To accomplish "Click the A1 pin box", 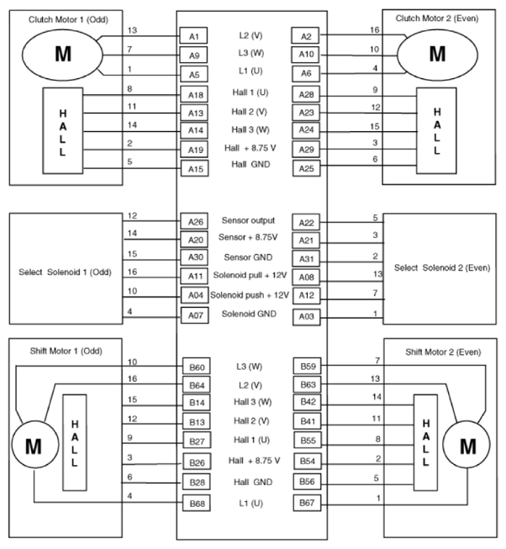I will pos(192,37).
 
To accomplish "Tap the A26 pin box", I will pos(192,222).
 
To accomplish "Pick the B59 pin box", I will pos(304,367).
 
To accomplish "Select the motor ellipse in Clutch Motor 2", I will pos(436,54).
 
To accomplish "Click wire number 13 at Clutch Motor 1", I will pos(131,30).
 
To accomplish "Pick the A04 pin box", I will pos(192,295).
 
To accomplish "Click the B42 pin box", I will pos(304,402).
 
